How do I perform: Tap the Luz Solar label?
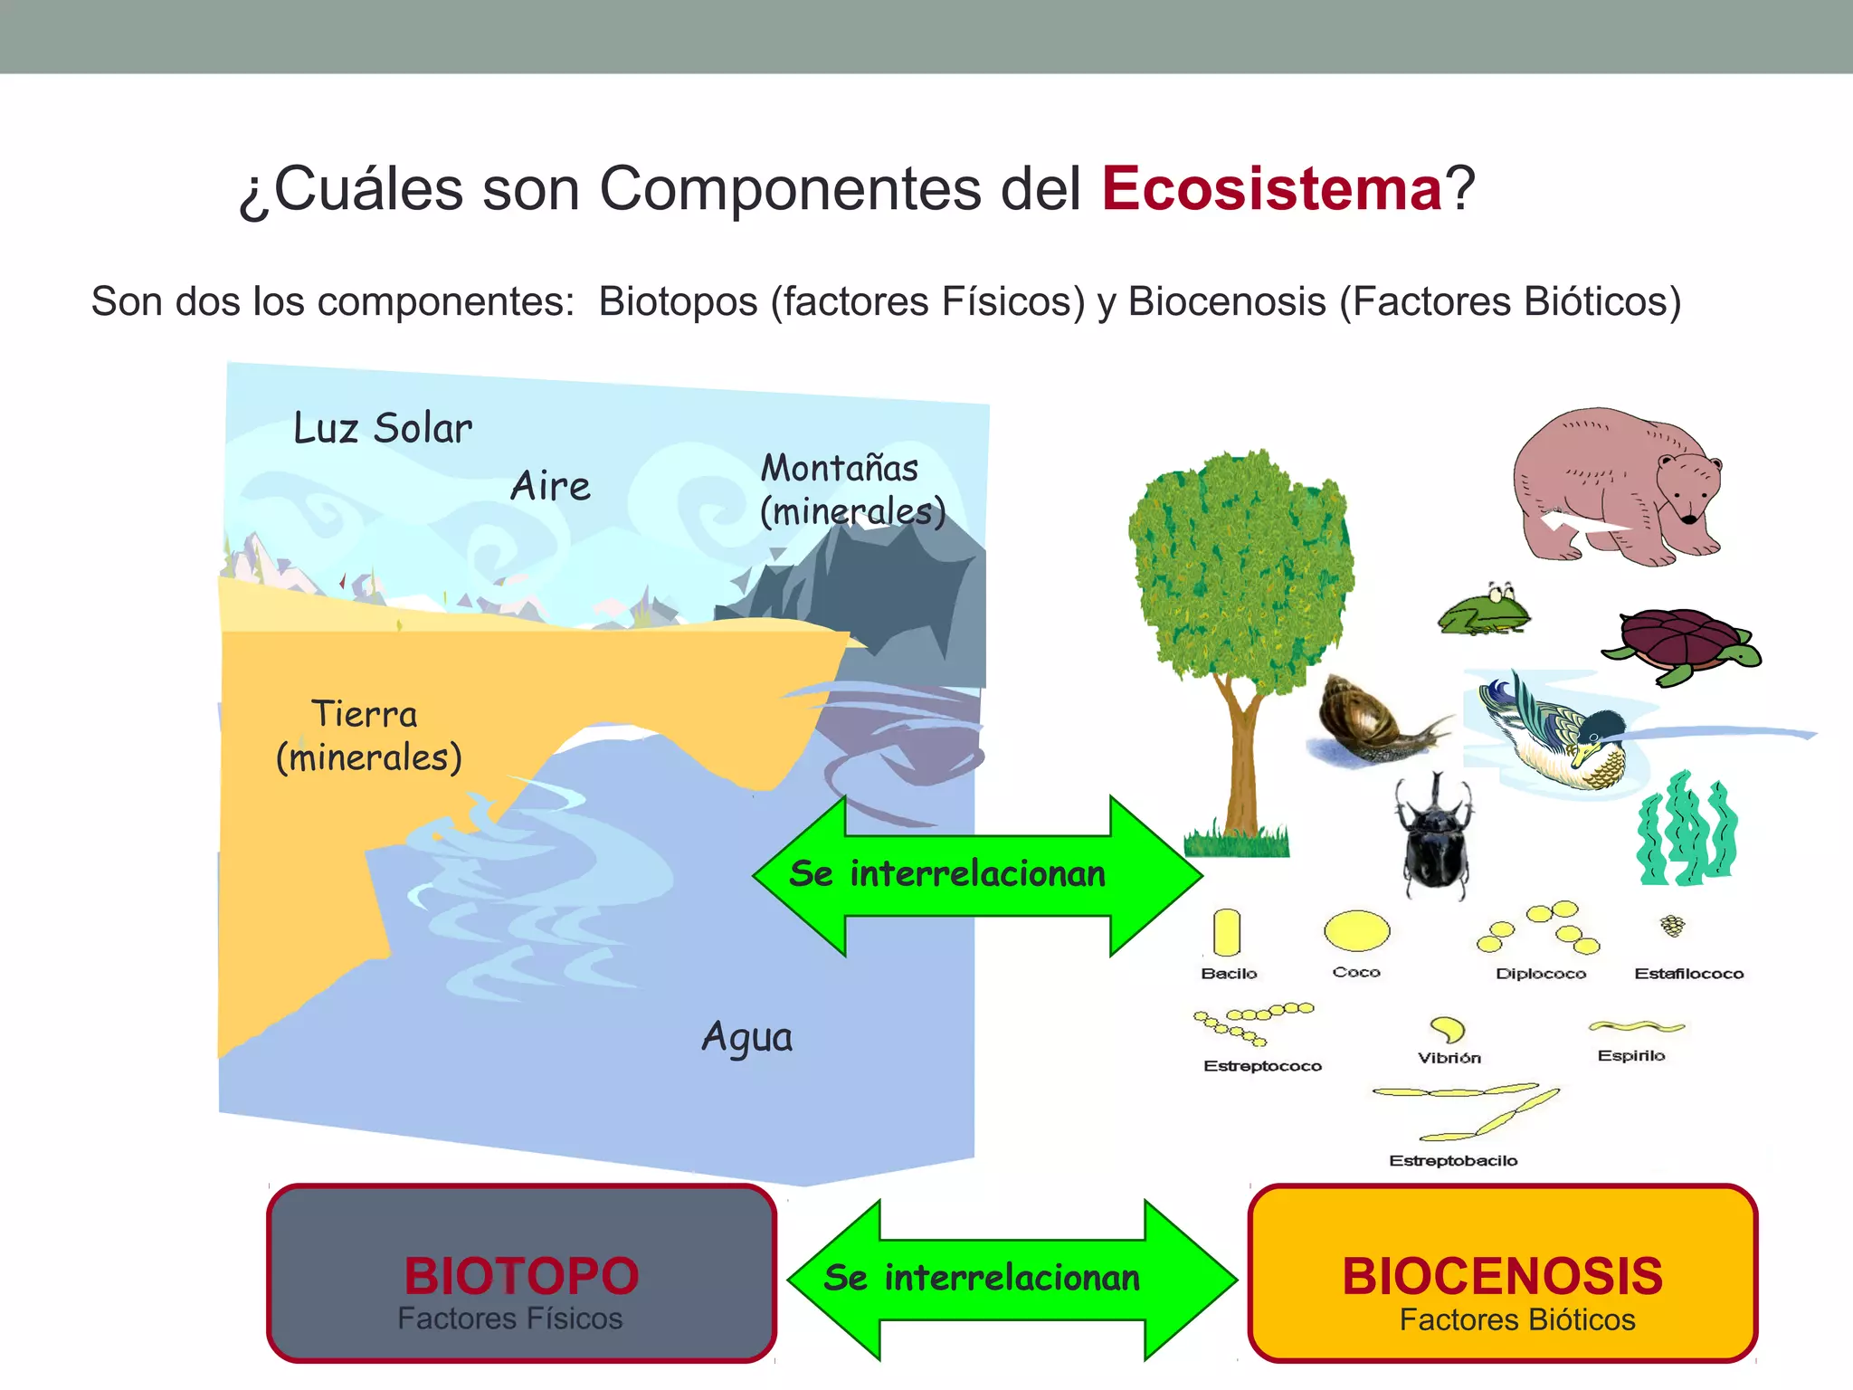[383, 428]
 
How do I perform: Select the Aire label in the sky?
[550, 486]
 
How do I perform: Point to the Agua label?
[747, 1037]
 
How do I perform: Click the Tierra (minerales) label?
[368, 736]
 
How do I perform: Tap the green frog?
[1486, 611]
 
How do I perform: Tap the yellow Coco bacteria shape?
[1356, 930]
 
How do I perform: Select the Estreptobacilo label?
[1453, 1160]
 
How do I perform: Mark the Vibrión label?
[1449, 1058]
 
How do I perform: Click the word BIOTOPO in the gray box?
[521, 1276]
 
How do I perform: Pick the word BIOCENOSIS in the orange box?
[1502, 1276]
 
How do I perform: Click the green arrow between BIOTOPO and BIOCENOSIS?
[1012, 1279]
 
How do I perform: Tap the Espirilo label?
[1630, 1055]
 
